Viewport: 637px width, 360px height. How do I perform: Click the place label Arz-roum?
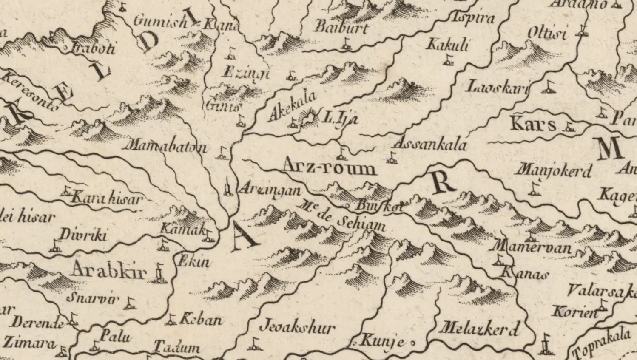330,166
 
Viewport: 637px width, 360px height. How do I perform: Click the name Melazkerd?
479,328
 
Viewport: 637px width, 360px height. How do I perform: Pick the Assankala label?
430,145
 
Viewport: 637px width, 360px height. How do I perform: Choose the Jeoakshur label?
297,327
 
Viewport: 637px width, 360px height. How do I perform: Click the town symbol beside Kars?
569,127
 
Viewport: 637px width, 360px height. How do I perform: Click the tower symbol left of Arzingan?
228,187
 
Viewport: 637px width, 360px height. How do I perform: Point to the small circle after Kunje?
412,342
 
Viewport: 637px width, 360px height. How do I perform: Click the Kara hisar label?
106,198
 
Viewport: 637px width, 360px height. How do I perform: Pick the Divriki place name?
83,235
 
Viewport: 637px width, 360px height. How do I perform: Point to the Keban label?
201,320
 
